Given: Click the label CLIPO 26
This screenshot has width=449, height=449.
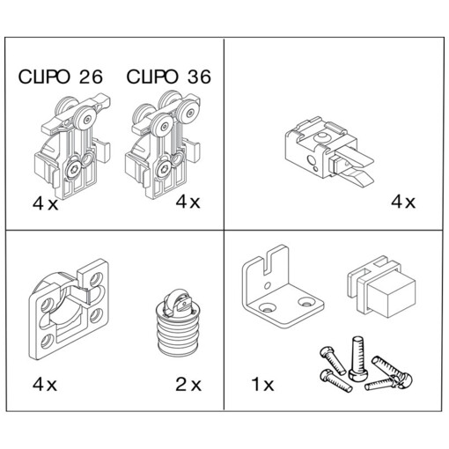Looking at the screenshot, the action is [x=61, y=77].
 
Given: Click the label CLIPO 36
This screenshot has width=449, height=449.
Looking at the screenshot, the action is [x=168, y=77].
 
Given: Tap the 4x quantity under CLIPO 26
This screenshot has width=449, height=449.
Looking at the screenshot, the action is [x=45, y=203].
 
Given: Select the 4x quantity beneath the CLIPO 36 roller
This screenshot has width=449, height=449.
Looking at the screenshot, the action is [x=188, y=202].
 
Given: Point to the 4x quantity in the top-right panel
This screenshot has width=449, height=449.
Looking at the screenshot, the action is [x=403, y=202].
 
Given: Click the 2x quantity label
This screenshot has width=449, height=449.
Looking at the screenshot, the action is [x=188, y=384].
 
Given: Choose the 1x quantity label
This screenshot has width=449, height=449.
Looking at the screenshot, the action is [x=262, y=384].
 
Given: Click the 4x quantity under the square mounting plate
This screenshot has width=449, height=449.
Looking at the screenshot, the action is [x=45, y=384].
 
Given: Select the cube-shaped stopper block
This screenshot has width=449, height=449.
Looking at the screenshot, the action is [x=381, y=288].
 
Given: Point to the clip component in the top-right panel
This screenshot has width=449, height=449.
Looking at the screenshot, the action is [x=328, y=151].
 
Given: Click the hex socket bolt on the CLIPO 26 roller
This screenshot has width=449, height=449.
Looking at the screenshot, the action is [x=72, y=169].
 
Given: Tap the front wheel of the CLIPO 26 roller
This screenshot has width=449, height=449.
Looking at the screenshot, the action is [x=85, y=119].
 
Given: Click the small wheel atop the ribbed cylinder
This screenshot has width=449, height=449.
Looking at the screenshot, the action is [x=175, y=302].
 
